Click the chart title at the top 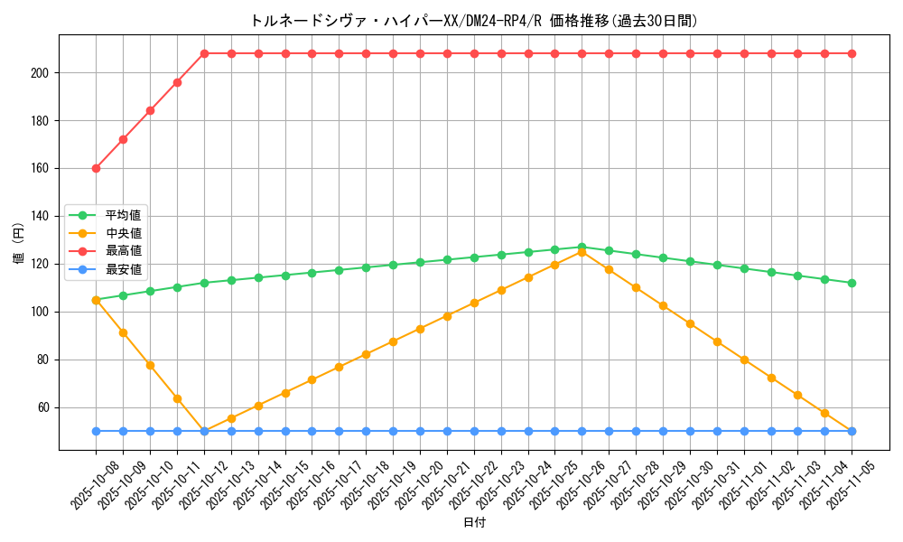474,21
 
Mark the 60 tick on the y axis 49,407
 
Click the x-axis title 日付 474,523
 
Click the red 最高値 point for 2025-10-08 96,168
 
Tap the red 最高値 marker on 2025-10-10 150,110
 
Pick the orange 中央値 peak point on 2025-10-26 582,252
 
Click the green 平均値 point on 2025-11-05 852,283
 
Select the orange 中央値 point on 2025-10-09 123,332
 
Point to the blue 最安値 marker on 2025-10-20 420,431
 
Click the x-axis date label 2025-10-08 81,483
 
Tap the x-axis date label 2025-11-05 837,483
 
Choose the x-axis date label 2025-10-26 567,483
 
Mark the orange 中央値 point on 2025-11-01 744,360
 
